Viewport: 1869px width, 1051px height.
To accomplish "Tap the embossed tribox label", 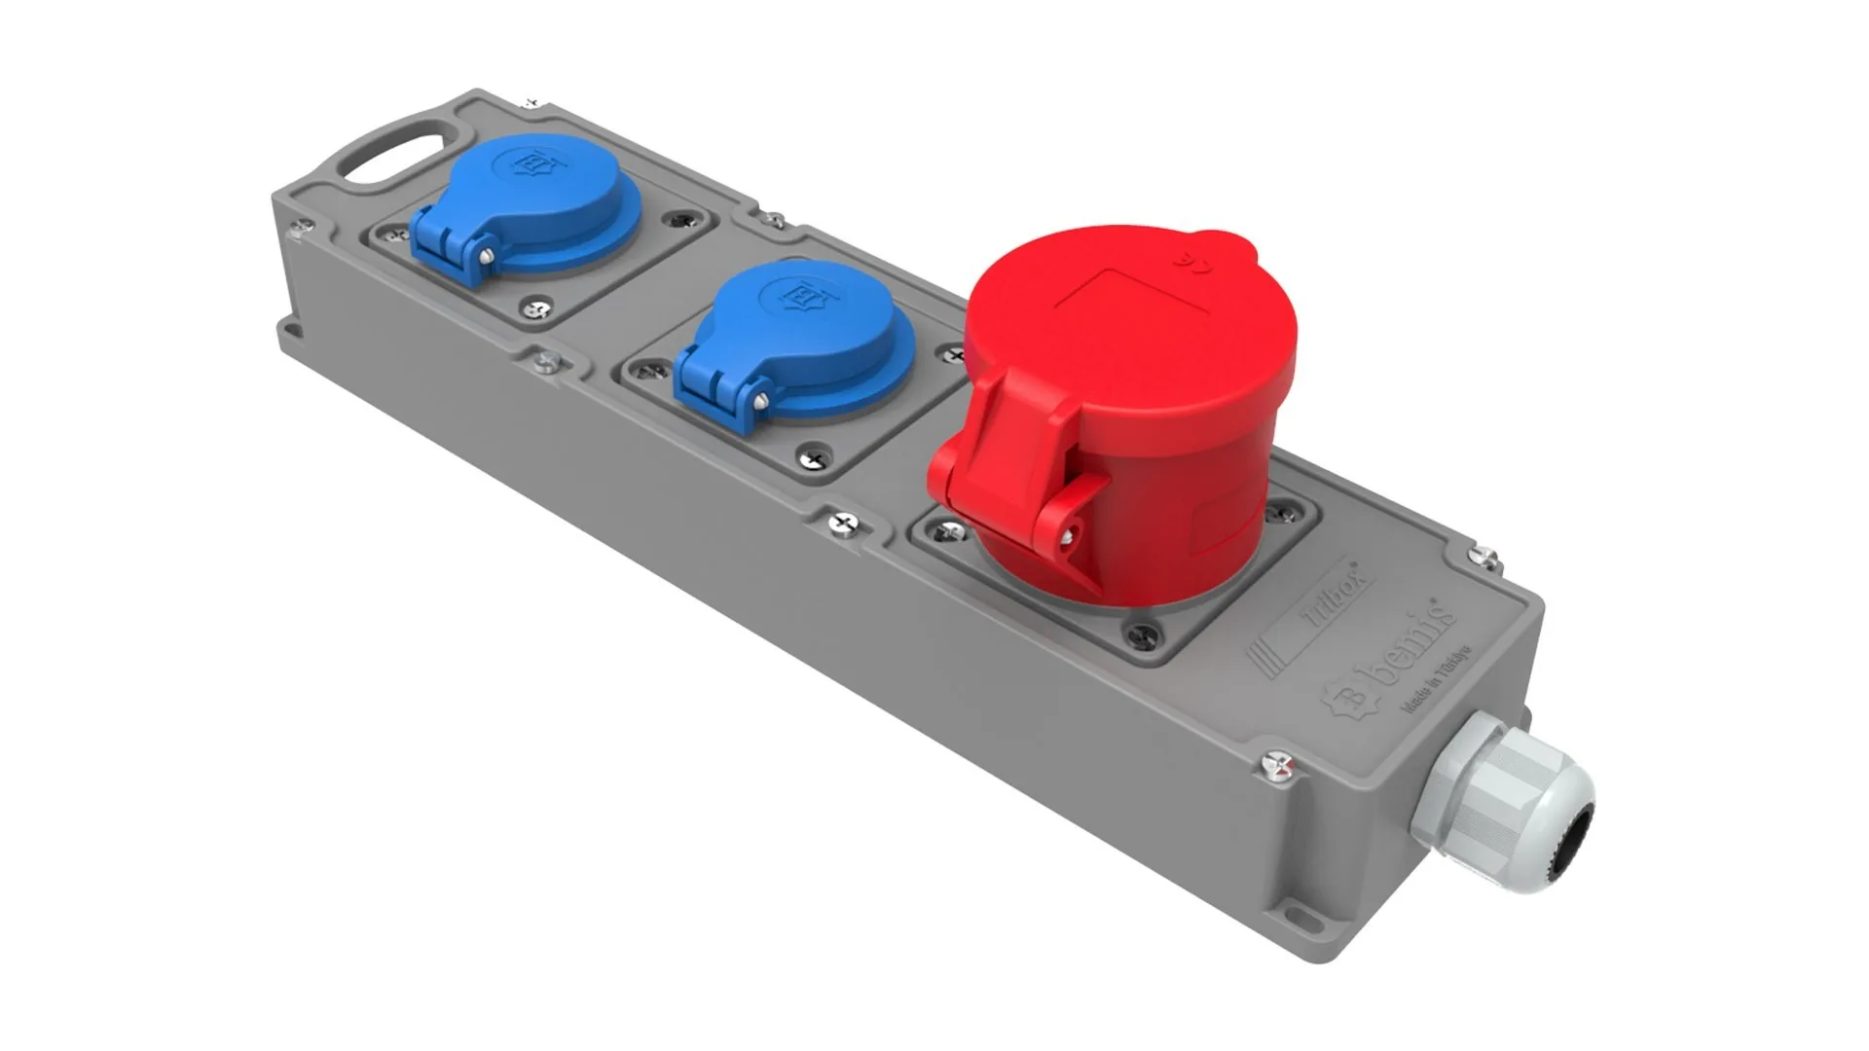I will [1334, 595].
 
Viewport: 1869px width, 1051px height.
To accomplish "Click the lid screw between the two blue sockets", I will [548, 362].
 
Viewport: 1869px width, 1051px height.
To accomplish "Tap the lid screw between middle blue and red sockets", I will [843, 524].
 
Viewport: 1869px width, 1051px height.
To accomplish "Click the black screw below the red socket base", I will [1140, 636].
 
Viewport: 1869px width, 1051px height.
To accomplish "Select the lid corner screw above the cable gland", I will [1484, 558].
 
